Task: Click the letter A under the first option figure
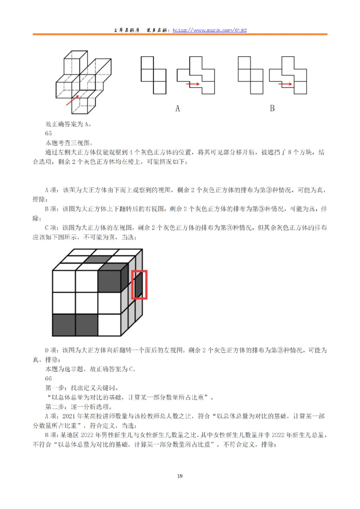tap(177, 108)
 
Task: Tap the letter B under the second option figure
tap(272, 108)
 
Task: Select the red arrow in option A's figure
tap(193, 84)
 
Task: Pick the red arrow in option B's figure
tap(285, 84)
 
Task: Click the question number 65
tap(49, 133)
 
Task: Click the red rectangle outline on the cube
tap(139, 284)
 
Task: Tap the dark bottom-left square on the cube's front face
tap(64, 325)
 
